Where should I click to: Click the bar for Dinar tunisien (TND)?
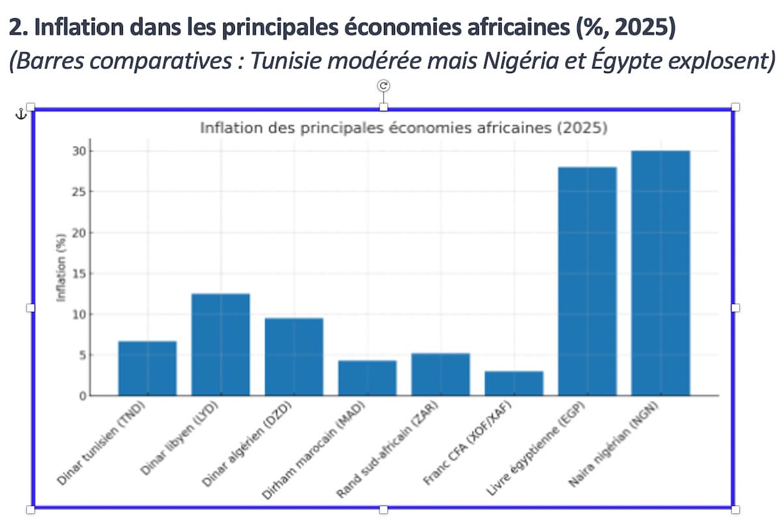click(147, 368)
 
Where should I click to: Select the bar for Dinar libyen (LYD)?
click(221, 345)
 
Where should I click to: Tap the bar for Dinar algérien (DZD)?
click(294, 356)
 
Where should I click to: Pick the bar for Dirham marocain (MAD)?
click(367, 378)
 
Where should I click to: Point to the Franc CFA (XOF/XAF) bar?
click(514, 383)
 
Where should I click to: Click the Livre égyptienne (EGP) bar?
click(588, 281)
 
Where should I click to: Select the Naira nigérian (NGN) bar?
click(661, 273)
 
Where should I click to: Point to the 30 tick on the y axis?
click(77, 151)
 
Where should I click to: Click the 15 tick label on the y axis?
click(77, 274)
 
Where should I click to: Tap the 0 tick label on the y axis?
click(81, 395)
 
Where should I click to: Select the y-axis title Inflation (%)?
click(62, 267)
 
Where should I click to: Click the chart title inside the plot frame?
click(404, 128)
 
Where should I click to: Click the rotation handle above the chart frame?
click(383, 85)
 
